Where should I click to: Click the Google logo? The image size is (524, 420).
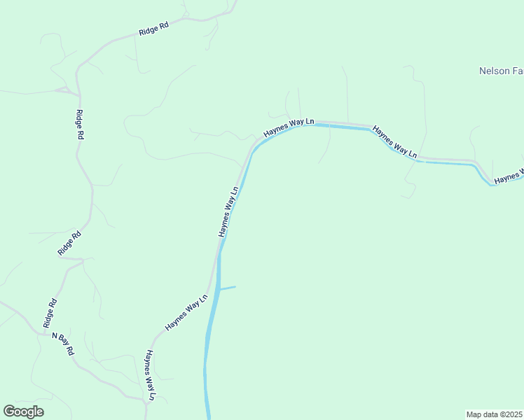pyautogui.click(x=24, y=412)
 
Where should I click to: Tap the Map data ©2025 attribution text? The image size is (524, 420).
pyautogui.click(x=494, y=414)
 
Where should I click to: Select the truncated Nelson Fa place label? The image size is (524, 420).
pyautogui.click(x=501, y=71)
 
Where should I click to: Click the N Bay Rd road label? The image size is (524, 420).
pyautogui.click(x=63, y=344)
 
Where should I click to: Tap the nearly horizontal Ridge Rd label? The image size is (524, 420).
pyautogui.click(x=153, y=30)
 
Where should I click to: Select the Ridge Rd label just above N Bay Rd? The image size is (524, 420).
pyautogui.click(x=50, y=313)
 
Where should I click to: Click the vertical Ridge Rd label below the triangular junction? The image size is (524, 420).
pyautogui.click(x=80, y=126)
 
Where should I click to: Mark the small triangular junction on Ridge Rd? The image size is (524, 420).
pyautogui.click(x=67, y=90)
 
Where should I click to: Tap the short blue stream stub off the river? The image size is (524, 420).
pyautogui.click(x=228, y=287)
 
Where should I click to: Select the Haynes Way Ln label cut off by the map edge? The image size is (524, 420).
pyautogui.click(x=509, y=177)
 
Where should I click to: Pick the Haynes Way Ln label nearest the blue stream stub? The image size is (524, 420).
pyautogui.click(x=186, y=312)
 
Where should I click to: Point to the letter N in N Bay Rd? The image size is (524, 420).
pyautogui.click(x=55, y=335)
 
